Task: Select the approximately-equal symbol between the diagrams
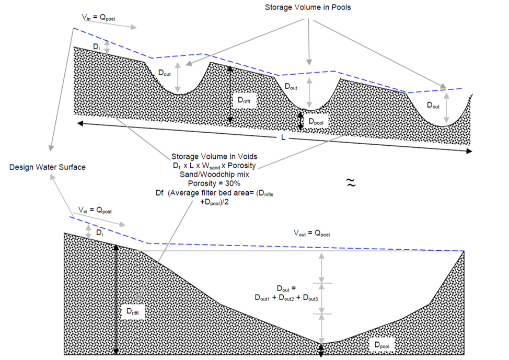[351, 182]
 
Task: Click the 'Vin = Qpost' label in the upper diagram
[98, 18]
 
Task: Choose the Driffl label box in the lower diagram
[133, 311]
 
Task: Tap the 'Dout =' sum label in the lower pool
[286, 293]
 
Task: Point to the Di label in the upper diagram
[95, 48]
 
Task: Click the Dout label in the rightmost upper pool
[433, 105]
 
